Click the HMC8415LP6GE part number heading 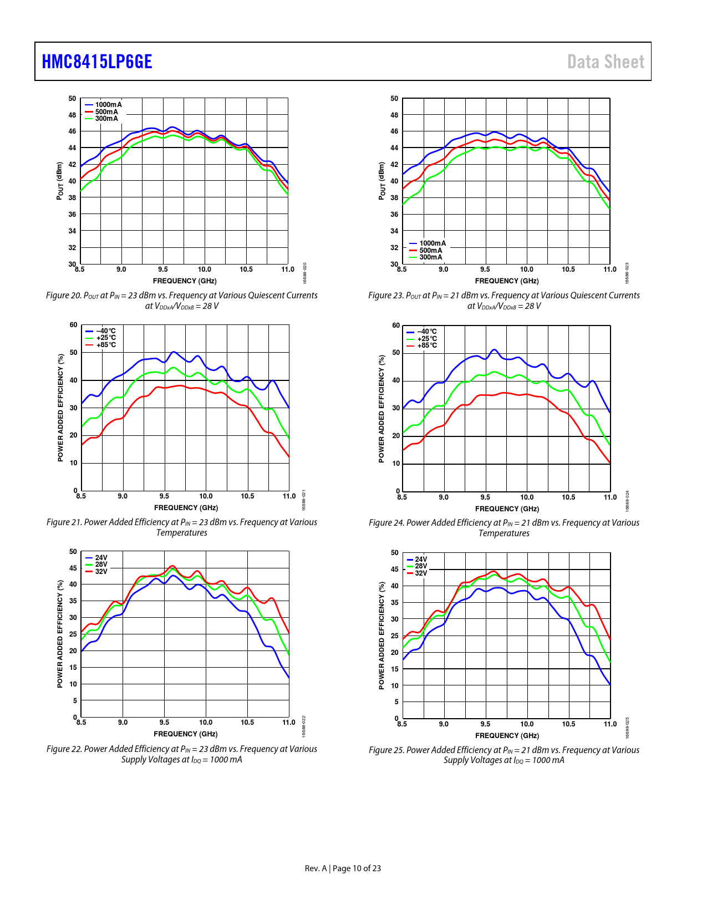tap(97, 62)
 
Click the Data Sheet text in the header tap(606, 62)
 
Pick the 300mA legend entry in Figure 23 tap(430, 257)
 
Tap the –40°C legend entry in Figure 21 tap(105, 331)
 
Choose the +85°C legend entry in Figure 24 tap(426, 345)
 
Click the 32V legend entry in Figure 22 tap(101, 572)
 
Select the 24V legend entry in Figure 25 tap(421, 560)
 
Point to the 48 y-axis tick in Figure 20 tap(73, 115)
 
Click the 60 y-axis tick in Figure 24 tap(396, 326)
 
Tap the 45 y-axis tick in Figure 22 tap(73, 568)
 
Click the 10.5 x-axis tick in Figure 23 tap(568, 270)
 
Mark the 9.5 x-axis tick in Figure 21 tap(164, 496)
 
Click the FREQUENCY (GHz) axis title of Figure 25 tap(507, 736)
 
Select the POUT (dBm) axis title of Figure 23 tap(382, 181)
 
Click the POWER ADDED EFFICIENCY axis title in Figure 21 tap(60, 408)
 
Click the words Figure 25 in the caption tap(386, 750)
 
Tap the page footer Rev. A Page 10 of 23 tap(343, 868)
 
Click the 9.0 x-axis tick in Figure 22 tap(123, 723)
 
